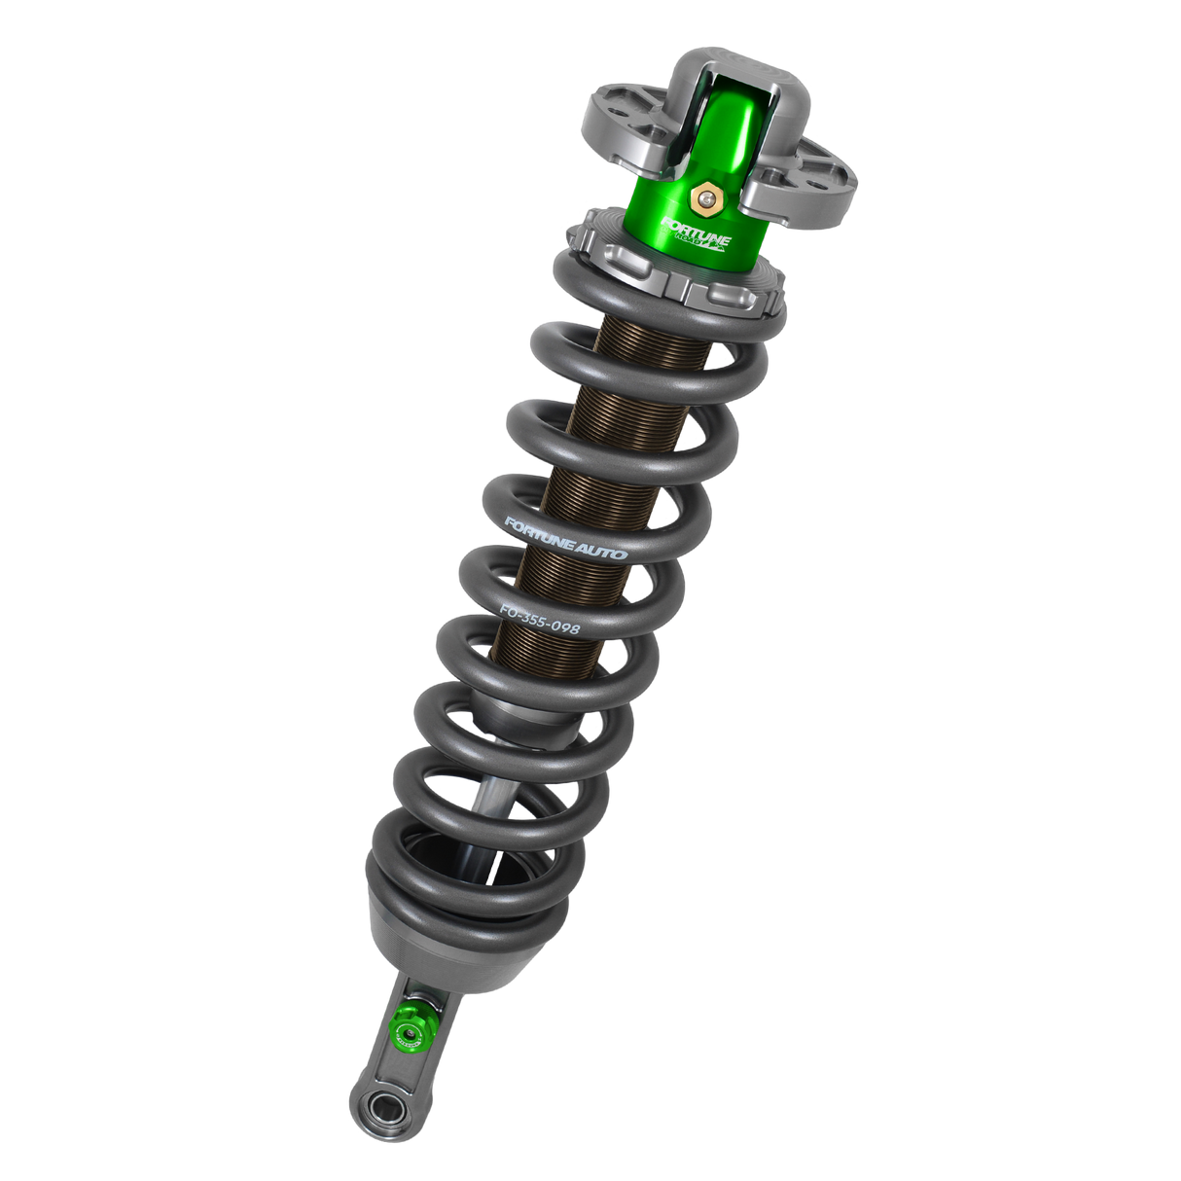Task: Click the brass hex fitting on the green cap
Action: (x=702, y=200)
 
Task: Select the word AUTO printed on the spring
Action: (x=602, y=551)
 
